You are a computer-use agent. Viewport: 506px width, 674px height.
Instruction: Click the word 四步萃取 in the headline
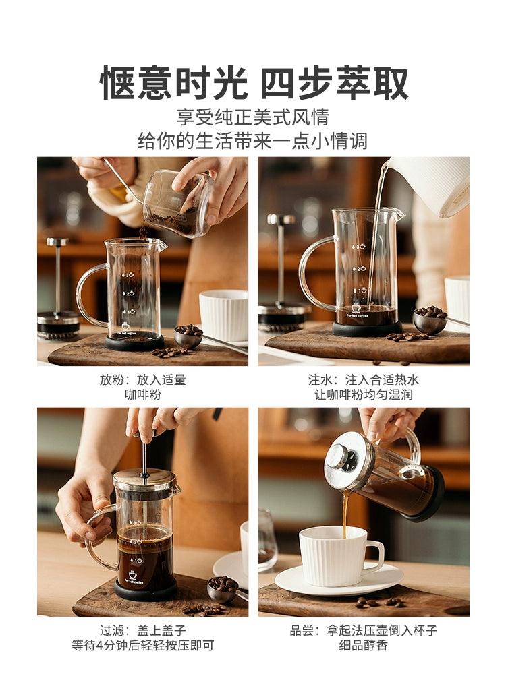click(x=335, y=83)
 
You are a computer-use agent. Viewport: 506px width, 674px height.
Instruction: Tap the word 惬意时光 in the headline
click(x=173, y=83)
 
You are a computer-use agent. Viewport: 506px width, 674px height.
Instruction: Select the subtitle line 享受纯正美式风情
click(x=252, y=117)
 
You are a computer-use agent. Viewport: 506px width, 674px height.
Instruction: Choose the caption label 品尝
click(x=301, y=631)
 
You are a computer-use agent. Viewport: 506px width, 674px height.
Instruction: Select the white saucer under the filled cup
click(x=339, y=580)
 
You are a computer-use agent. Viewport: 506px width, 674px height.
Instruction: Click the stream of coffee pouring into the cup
click(x=345, y=514)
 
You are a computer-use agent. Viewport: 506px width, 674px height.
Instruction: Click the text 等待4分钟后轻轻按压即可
click(x=143, y=646)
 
